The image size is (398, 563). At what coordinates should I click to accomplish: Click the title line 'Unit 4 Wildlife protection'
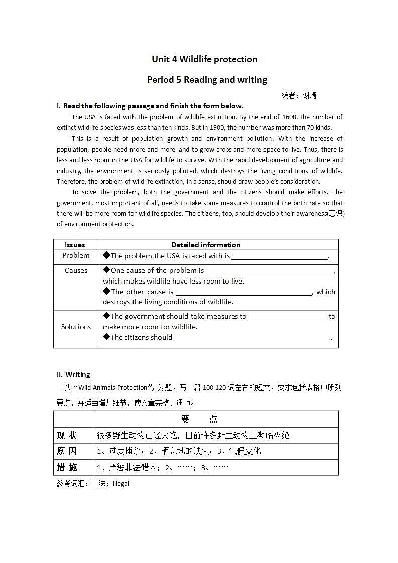click(x=205, y=59)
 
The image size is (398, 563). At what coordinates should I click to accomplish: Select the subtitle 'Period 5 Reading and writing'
click(x=207, y=80)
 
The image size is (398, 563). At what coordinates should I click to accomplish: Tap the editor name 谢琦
click(x=310, y=95)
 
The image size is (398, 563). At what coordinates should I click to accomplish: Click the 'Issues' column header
click(x=75, y=245)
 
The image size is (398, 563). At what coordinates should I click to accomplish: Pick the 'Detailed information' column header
click(x=206, y=245)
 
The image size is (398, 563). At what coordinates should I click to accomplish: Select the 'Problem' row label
click(x=76, y=256)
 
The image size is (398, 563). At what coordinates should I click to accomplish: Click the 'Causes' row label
click(x=76, y=270)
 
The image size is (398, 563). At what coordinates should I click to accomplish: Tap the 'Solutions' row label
click(x=76, y=327)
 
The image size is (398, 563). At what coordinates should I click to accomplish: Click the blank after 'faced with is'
click(x=279, y=257)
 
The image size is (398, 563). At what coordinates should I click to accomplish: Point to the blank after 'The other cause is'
click(x=243, y=292)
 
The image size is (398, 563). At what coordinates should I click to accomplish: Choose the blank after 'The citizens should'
click(x=252, y=338)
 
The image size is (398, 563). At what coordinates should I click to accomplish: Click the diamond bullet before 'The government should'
click(x=106, y=316)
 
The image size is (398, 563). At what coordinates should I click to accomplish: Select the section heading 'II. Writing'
click(x=73, y=374)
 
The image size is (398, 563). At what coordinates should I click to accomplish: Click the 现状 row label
click(x=67, y=435)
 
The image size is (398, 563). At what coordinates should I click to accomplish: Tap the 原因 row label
click(x=67, y=451)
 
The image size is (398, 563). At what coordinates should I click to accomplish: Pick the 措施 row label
click(x=67, y=467)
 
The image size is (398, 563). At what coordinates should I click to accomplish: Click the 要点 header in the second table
click(x=199, y=419)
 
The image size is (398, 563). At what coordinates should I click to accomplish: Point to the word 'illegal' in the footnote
click(x=121, y=484)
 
